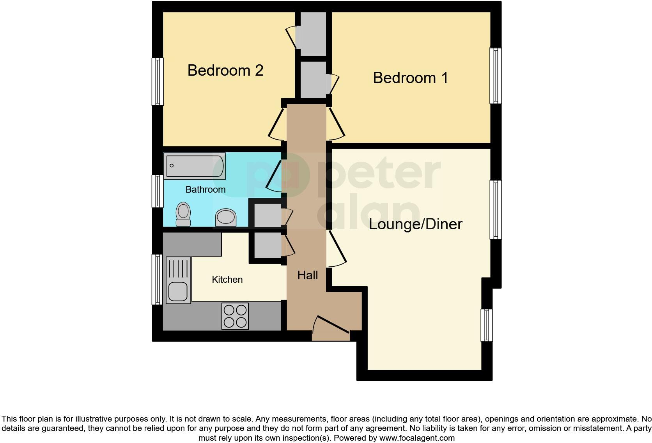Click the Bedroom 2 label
click(225, 71)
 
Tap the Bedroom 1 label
click(410, 78)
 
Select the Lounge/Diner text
click(415, 224)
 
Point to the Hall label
click(308, 275)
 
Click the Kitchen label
click(227, 280)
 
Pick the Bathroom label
click(206, 190)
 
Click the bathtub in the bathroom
click(195, 166)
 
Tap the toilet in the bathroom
click(183, 214)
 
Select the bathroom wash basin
click(226, 218)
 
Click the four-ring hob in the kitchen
click(235, 316)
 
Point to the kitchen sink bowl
click(178, 291)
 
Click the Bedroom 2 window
click(158, 82)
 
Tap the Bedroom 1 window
click(496, 76)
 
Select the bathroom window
click(158, 191)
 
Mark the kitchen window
click(157, 279)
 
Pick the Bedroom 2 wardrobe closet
click(311, 34)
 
